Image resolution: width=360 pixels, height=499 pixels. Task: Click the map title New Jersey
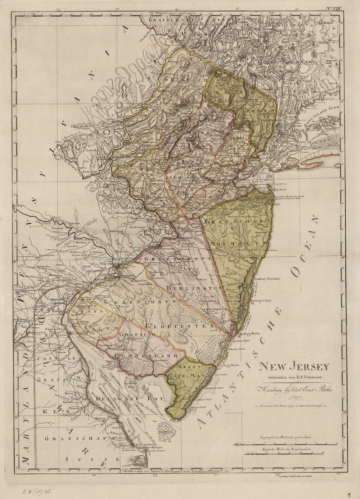293,366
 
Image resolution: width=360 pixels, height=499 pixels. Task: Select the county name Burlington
191,288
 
